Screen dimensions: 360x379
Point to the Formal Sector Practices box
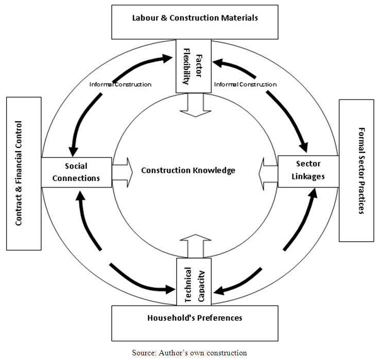click(356, 170)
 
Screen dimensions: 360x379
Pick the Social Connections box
click(76, 172)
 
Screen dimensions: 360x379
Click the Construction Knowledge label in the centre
click(188, 170)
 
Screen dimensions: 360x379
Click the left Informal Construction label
click(120, 84)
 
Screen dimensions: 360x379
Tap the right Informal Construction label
click(245, 84)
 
